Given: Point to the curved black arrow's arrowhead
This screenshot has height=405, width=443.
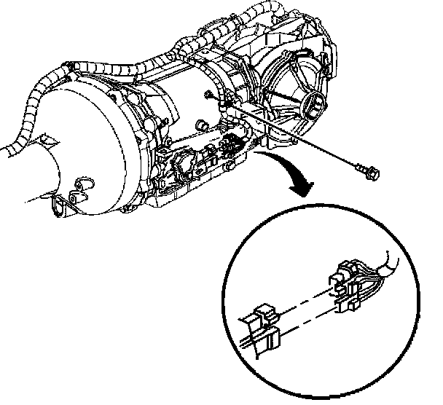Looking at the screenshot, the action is click(299, 191).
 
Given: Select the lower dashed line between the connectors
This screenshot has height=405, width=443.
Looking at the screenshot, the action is click(306, 320).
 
